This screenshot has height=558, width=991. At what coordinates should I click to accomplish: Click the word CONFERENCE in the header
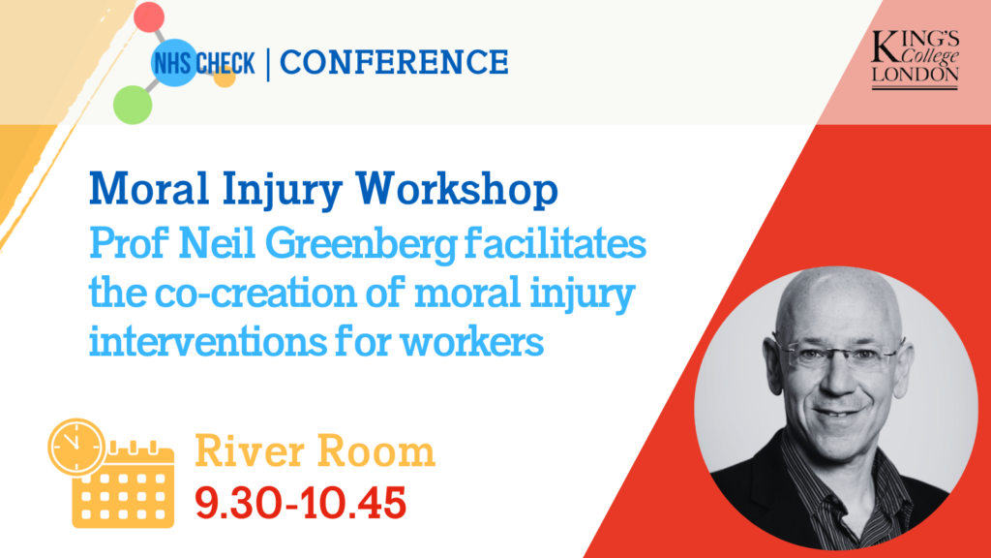pos(394,62)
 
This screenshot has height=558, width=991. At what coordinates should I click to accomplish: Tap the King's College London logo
pos(916,59)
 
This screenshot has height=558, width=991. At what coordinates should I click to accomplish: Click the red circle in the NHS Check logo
pos(149,17)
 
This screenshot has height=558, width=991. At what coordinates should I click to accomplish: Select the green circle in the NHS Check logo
pos(133,105)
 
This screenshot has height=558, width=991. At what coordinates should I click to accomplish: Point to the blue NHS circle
pos(174,63)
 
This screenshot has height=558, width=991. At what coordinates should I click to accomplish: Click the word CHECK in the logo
pos(225,63)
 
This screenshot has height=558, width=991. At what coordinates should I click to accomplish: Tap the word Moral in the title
pos(148,188)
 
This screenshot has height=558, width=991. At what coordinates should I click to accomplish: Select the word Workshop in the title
pos(457,190)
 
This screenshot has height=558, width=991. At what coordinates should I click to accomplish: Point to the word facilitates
pos(556,242)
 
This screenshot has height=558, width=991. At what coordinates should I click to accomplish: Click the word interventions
pos(207,342)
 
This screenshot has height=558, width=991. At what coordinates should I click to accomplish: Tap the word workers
pos(472,342)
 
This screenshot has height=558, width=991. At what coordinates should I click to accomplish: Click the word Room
pos(376,451)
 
